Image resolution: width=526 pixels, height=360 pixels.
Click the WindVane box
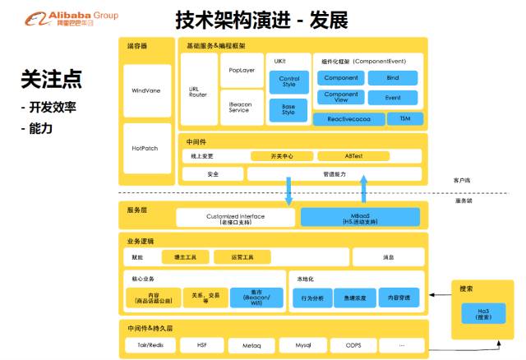[x=145, y=90]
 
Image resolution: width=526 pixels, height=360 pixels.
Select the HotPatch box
[x=145, y=149]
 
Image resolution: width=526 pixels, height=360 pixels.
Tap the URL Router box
[x=197, y=90]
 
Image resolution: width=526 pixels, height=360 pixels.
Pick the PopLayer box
[x=242, y=71]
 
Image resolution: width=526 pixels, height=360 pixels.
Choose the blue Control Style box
[x=288, y=81]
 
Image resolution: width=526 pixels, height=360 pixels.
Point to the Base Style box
[x=288, y=108]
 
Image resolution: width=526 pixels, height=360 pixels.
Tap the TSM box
[x=404, y=119]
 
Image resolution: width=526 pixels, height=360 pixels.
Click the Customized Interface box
[x=235, y=218]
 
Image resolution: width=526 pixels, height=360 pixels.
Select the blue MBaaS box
[x=362, y=218]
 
